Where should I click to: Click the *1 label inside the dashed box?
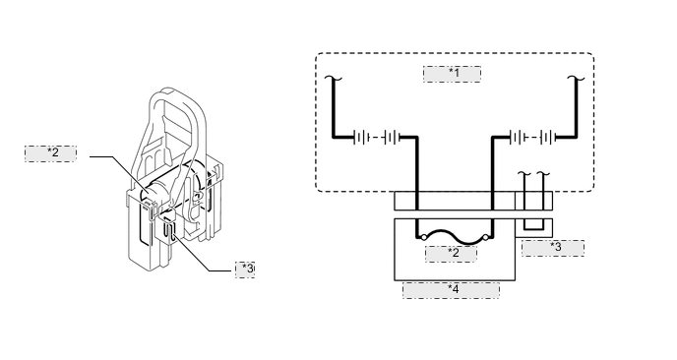pos(452,74)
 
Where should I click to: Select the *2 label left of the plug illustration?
pos(50,153)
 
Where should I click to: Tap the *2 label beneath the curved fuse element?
pos(452,254)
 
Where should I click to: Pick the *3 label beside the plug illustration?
pos(245,270)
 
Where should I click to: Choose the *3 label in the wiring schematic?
pos(553,248)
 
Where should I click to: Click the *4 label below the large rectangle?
pos(452,290)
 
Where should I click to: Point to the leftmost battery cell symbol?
pos(361,138)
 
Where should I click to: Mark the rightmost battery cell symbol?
pos(548,138)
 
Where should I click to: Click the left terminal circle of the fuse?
pos(424,237)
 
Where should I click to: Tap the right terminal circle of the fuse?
pos(485,237)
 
